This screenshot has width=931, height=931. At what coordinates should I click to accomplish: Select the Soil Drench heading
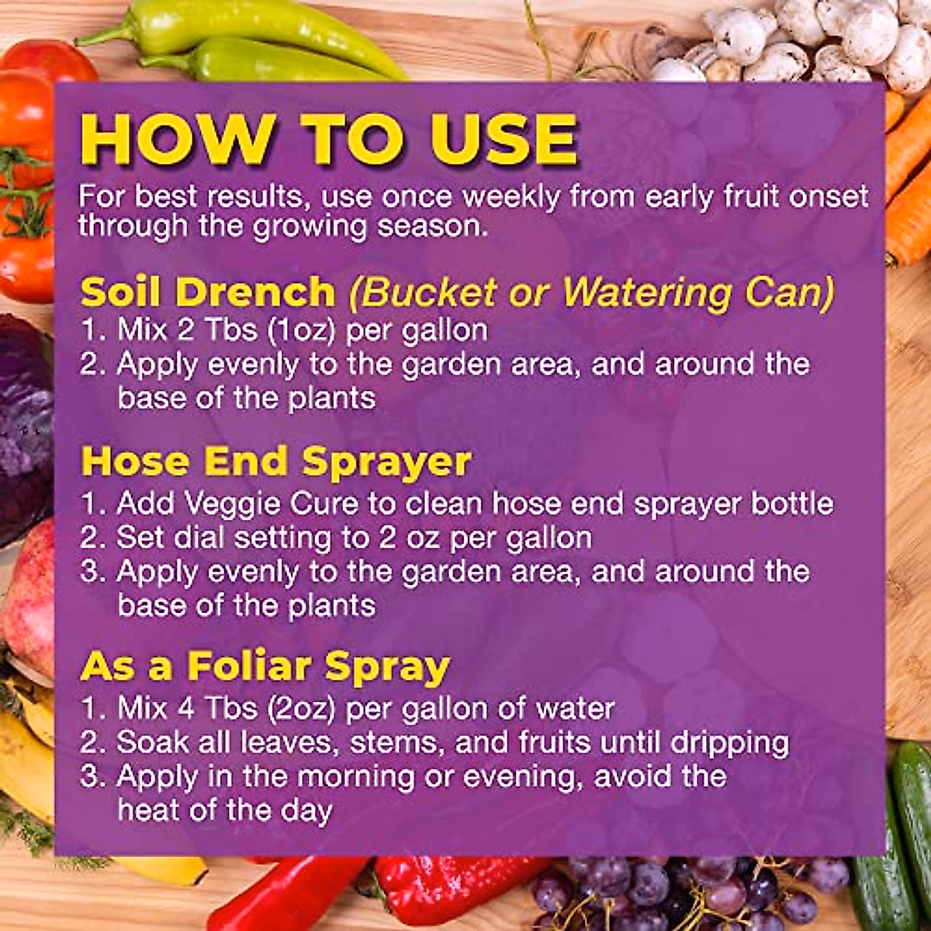(208, 292)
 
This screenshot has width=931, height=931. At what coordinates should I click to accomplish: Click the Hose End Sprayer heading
(276, 462)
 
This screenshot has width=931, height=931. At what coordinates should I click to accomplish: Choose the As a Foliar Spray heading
(265, 666)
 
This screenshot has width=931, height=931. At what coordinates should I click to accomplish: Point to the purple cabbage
(23, 427)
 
